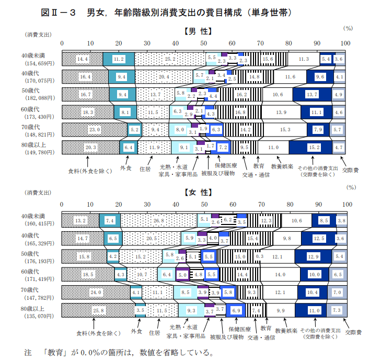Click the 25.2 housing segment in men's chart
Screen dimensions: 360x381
click(170, 59)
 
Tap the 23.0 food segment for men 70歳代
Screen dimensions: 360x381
click(95, 129)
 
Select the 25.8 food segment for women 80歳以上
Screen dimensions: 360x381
click(98, 310)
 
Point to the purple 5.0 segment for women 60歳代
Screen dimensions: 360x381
click(182, 274)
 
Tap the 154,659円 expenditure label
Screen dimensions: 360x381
click(38, 63)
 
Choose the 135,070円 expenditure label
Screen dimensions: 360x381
click(38, 314)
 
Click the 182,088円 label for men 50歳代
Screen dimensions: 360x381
click(38, 98)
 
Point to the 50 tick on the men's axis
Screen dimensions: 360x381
click(204, 43)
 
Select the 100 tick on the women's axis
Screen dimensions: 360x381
click(345, 204)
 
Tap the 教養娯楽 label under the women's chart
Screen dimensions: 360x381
click(286, 331)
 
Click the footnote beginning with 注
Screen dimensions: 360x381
click(120, 351)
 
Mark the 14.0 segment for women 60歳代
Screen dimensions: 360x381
click(281, 274)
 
